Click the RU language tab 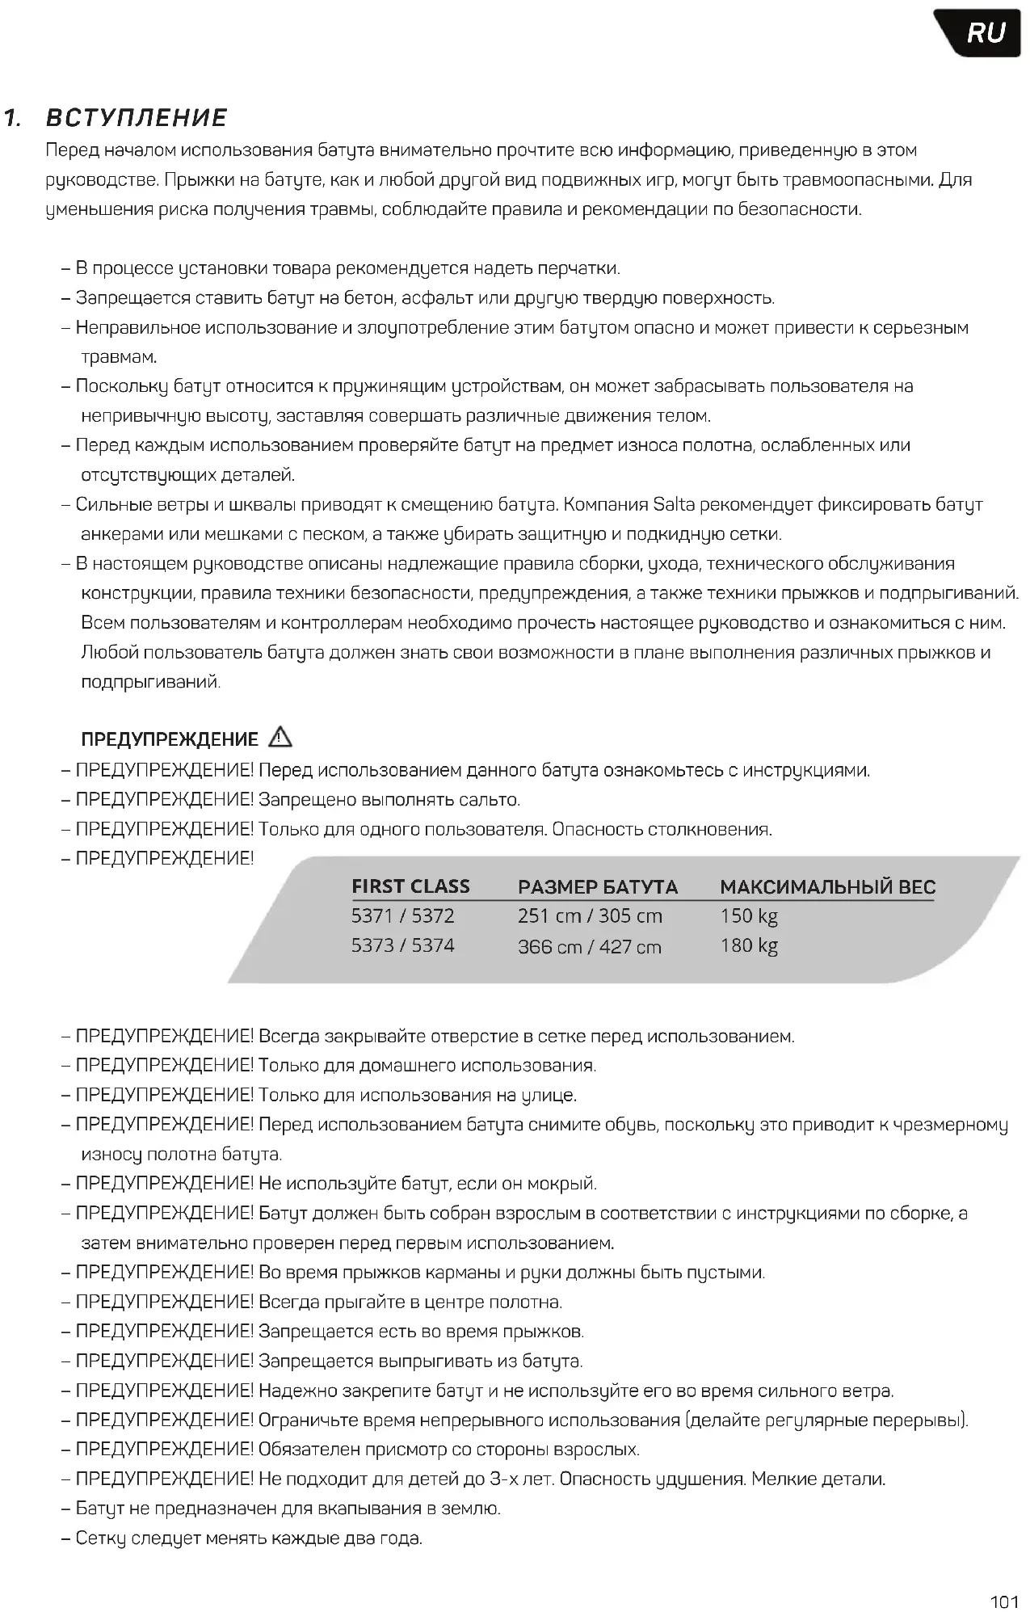point(985,34)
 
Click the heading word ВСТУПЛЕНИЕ point(137,118)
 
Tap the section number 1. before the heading point(12,118)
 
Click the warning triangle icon point(280,737)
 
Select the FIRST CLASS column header point(410,886)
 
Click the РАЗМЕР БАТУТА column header point(597,887)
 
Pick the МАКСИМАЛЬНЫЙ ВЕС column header point(827,887)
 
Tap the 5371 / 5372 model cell point(402,916)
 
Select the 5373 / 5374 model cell point(402,945)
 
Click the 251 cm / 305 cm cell point(590,916)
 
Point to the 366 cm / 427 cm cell point(590,946)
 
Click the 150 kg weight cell point(749,916)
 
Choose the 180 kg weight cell point(749,945)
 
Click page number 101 point(1004,1601)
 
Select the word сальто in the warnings point(488,800)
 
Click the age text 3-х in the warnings point(504,1479)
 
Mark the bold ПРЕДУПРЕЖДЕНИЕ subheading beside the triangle point(170,739)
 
